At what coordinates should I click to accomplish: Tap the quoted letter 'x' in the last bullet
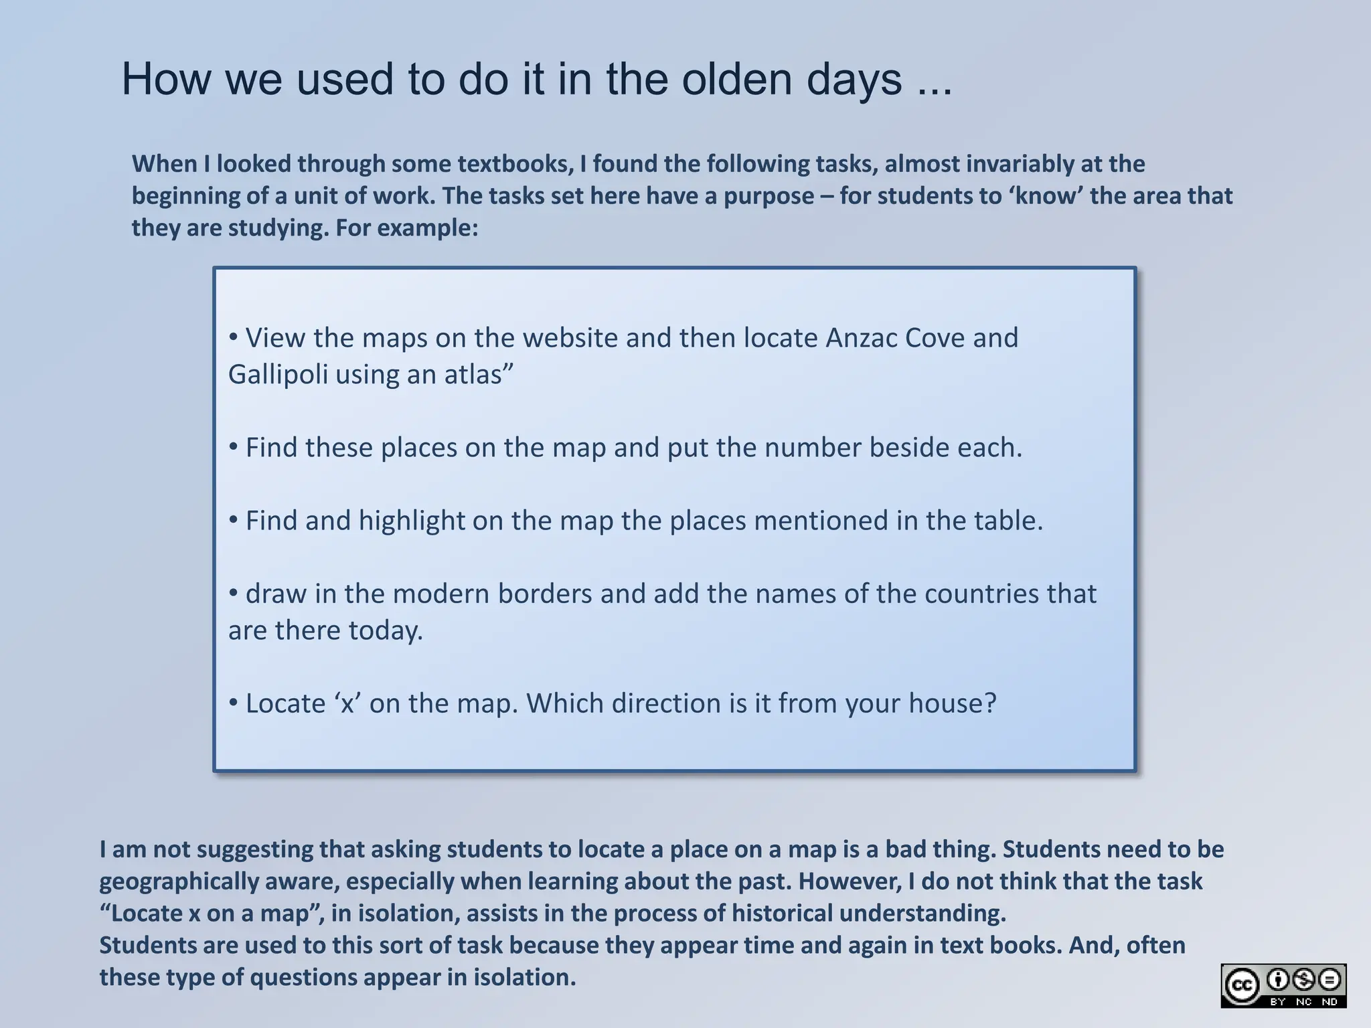(347, 704)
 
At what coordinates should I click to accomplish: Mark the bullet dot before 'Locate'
(234, 703)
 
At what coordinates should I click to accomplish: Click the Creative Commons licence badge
(1283, 985)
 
